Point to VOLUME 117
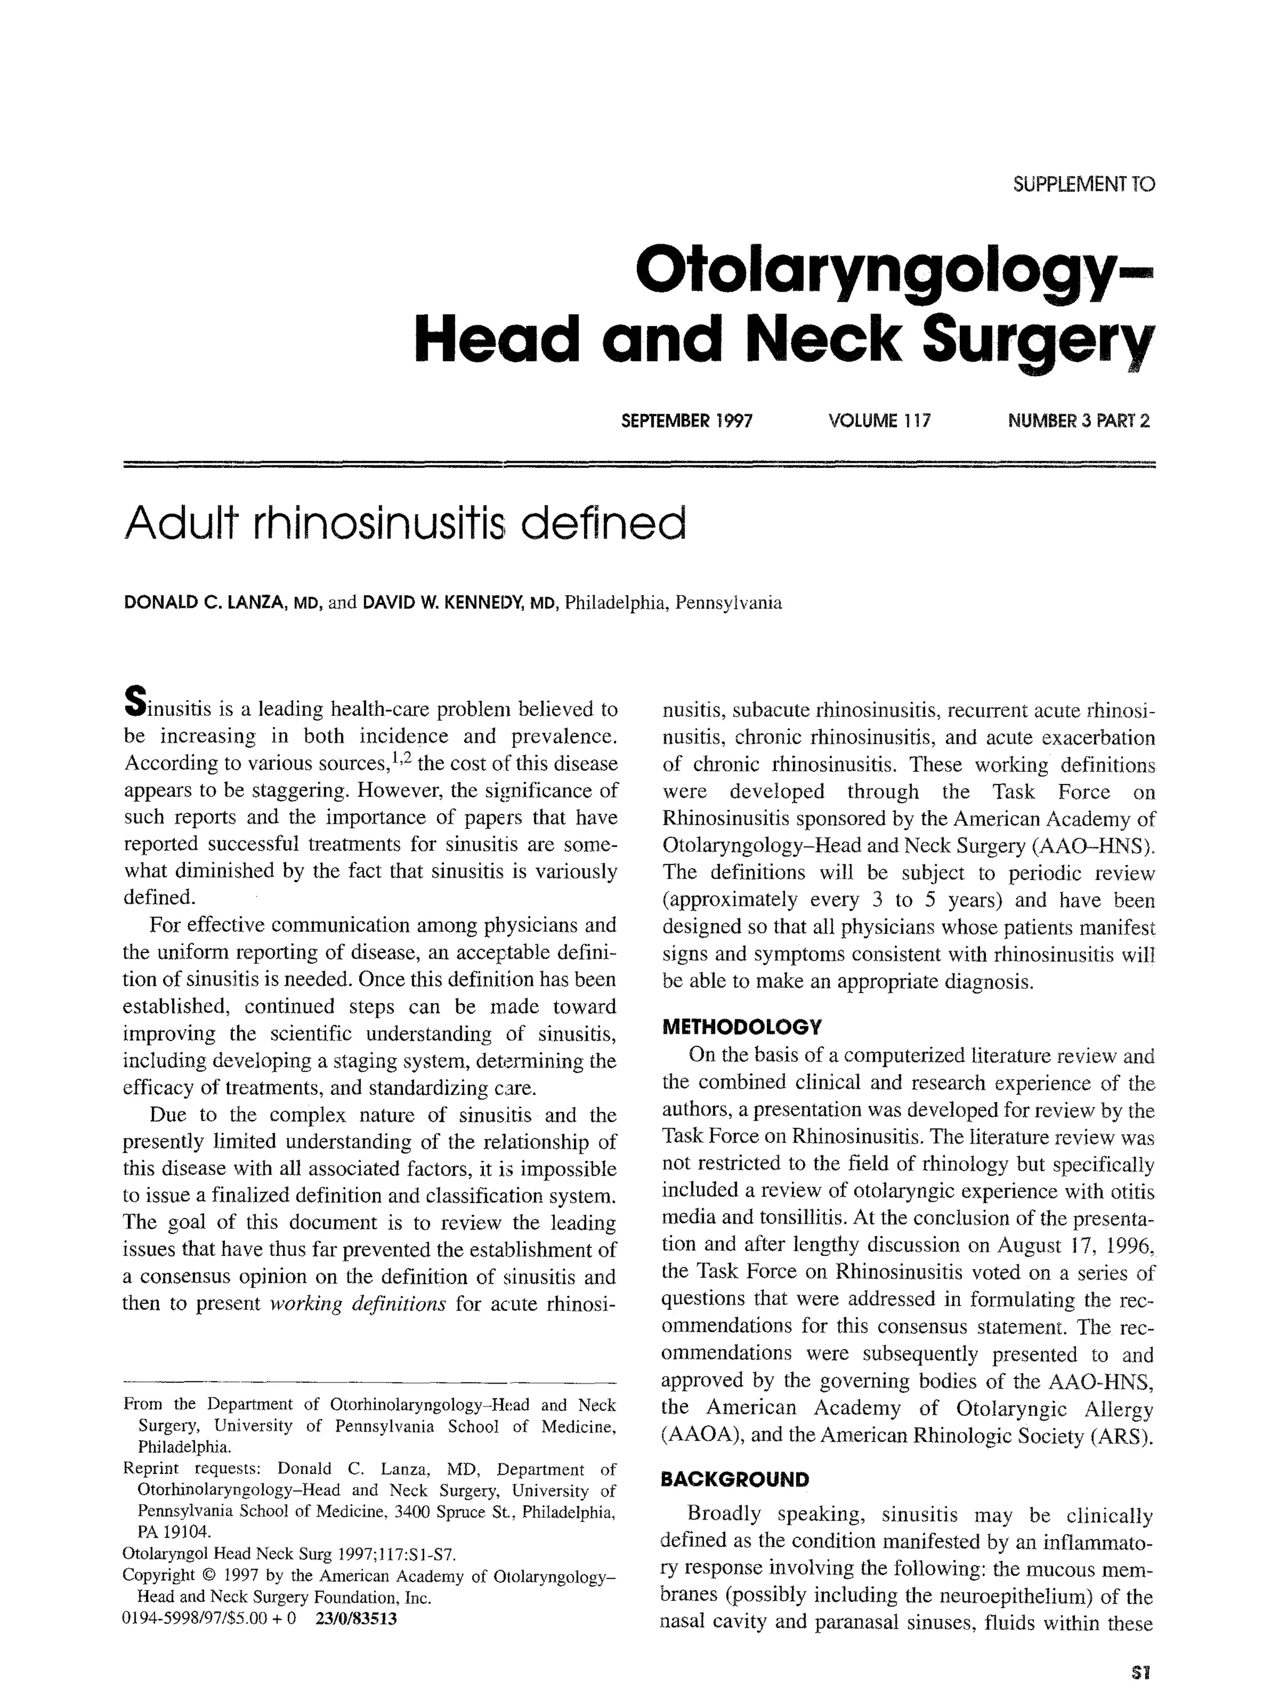[879, 420]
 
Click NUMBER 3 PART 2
[1078, 420]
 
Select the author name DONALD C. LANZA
[205, 602]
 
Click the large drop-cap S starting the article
[134, 702]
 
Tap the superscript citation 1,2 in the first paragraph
[402, 759]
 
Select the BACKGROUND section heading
[734, 1479]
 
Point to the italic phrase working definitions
[358, 1304]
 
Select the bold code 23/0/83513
[356, 1619]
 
